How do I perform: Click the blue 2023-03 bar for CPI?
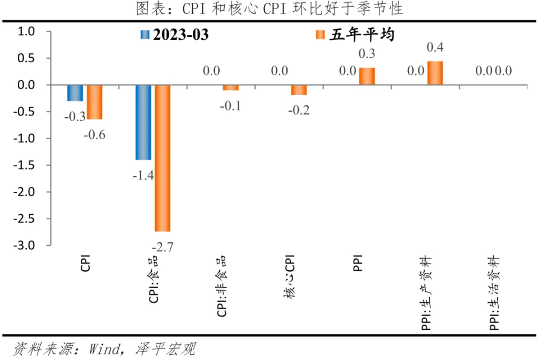point(75,93)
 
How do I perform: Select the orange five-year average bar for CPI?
point(94,101)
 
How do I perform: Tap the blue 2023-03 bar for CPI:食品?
point(143,122)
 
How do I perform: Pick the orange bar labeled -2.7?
point(163,158)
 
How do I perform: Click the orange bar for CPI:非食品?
point(230,87)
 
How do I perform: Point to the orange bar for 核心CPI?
point(299,90)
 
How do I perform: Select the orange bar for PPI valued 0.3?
point(367,76)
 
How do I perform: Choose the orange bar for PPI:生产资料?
point(435,73)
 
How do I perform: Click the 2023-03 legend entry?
point(174,35)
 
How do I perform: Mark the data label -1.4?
point(143,175)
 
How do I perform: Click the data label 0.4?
point(435,48)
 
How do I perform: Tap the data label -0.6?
point(94,135)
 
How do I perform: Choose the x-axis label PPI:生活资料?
point(494,292)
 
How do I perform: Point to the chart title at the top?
point(269,9)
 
